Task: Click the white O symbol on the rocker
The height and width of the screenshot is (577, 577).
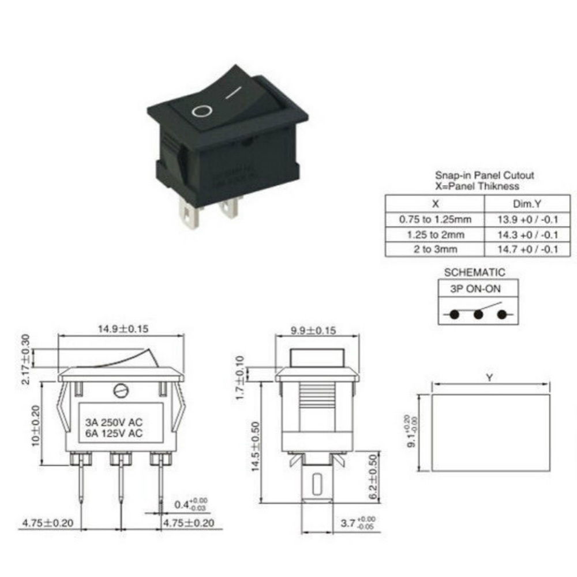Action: [x=200, y=110]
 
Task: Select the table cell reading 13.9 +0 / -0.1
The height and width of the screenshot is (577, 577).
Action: [x=527, y=219]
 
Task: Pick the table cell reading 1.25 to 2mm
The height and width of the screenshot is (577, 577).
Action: [x=434, y=234]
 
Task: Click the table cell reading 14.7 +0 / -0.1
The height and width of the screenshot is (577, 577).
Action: [x=527, y=249]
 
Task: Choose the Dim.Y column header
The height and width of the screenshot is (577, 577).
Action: [x=527, y=204]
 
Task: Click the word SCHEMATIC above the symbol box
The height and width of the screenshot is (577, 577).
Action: [x=474, y=272]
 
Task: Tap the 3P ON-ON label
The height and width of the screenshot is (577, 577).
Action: [x=474, y=289]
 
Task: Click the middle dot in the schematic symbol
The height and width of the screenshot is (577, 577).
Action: [x=478, y=314]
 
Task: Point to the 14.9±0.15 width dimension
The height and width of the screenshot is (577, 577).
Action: [x=122, y=329]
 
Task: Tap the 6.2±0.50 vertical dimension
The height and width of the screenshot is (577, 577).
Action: [x=373, y=477]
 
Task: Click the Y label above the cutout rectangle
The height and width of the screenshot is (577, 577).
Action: [x=490, y=379]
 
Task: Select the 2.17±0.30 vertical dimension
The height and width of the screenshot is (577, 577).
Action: [x=27, y=358]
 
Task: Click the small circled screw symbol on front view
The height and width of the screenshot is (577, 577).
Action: [x=122, y=391]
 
